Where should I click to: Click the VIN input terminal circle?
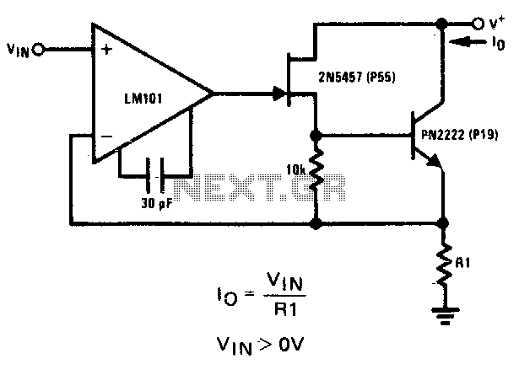click(38, 50)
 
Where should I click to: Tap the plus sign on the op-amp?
click(106, 50)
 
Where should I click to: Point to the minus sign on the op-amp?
click(106, 137)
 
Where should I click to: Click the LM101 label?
click(143, 99)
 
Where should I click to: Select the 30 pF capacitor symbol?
click(155, 175)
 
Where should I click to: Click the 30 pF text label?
click(157, 204)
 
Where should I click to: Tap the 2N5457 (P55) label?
click(357, 77)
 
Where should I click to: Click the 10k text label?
click(296, 170)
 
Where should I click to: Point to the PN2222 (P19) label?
click(460, 135)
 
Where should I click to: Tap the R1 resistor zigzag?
click(444, 265)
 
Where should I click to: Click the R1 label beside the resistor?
click(462, 263)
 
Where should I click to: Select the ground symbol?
click(446, 316)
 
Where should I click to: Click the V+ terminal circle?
click(478, 24)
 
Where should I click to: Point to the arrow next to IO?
click(468, 42)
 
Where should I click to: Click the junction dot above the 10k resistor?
click(316, 136)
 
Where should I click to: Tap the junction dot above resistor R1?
click(443, 223)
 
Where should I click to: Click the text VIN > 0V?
click(260, 346)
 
